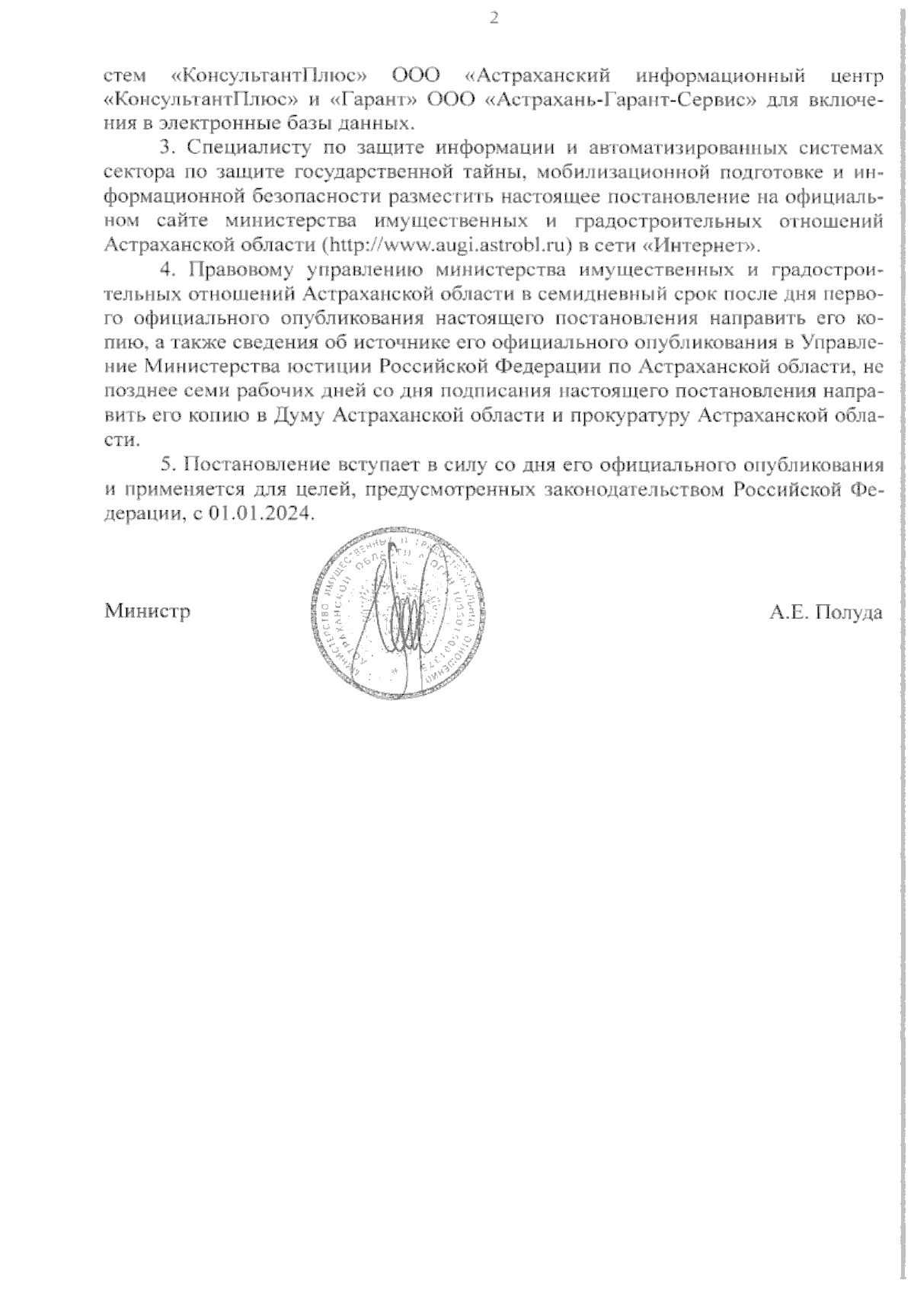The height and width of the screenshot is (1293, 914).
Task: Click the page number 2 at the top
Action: [x=493, y=18]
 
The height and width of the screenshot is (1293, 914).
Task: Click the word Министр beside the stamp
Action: [x=148, y=611]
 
